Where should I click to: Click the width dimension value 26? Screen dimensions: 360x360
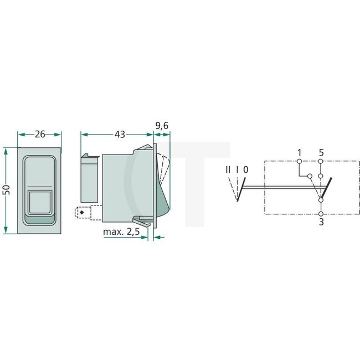pos(39,134)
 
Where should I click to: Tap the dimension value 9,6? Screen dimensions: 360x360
pos(162,127)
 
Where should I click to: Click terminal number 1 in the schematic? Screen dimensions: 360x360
pos(299,152)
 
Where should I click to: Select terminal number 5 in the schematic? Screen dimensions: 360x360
pos(321,152)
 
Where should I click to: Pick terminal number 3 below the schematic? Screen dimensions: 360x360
pos(321,223)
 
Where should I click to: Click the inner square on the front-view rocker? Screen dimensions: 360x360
pos(39,202)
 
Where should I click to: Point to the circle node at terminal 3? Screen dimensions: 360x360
pos(321,213)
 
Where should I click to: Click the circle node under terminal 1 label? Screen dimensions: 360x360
pos(299,162)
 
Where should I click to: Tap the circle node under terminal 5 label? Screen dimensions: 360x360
pos(321,162)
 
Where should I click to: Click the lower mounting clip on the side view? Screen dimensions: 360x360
pos(143,222)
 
